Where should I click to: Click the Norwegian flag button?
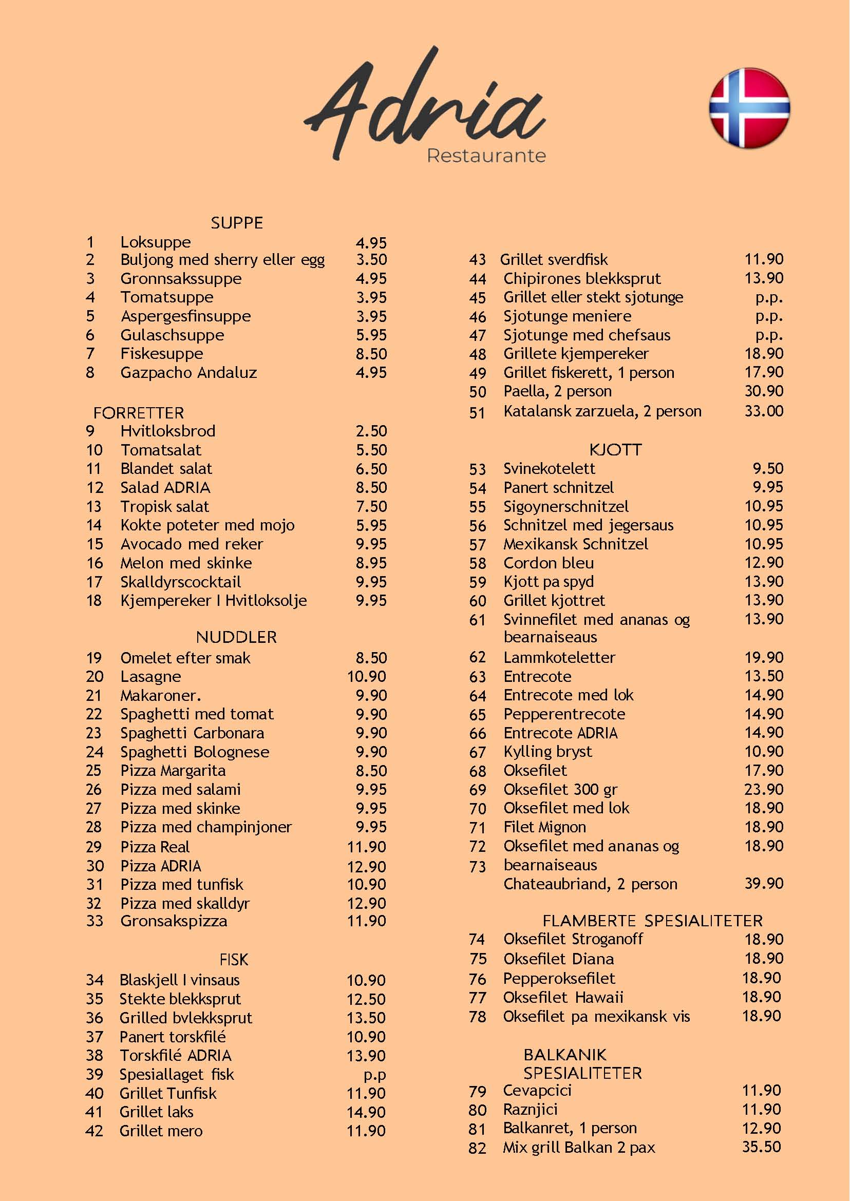[x=749, y=108]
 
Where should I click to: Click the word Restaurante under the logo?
[x=486, y=156]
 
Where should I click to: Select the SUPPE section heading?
[x=237, y=223]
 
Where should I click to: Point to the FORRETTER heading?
[x=139, y=413]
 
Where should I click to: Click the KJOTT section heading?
[x=615, y=449]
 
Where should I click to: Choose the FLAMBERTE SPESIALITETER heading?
[x=652, y=921]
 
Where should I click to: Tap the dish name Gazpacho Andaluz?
[x=188, y=373]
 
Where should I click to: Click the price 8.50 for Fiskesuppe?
[x=371, y=354]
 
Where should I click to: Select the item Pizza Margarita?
[x=173, y=770]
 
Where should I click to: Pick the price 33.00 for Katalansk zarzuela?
[x=764, y=411]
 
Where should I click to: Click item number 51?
[x=477, y=412]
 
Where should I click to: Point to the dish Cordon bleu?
[x=549, y=563]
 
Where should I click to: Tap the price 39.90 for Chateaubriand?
[x=764, y=883]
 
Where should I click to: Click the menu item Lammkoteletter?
[x=559, y=657]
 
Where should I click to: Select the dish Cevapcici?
[x=537, y=1091]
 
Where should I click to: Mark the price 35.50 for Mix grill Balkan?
[x=761, y=1147]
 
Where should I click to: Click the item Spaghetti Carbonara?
[x=192, y=733]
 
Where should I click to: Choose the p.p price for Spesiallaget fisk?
[x=375, y=1074]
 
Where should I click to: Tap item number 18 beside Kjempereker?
[x=94, y=600]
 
